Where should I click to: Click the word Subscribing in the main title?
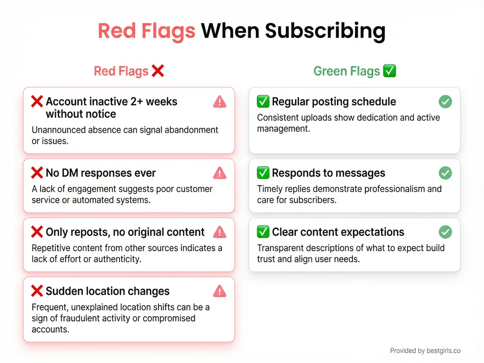[x=325, y=31]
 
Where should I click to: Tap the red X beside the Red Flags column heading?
[x=157, y=71]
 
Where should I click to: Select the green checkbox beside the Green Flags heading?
[x=389, y=71]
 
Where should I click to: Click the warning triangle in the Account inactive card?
[x=220, y=102]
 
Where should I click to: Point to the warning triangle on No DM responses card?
[x=220, y=173]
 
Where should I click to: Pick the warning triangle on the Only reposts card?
[x=220, y=232]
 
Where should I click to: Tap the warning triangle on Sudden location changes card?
[x=220, y=291]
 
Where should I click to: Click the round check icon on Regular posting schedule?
[x=445, y=102]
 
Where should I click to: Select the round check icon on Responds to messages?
[x=445, y=173]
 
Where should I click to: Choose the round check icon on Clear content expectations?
[x=445, y=232]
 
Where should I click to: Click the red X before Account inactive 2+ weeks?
[x=37, y=102]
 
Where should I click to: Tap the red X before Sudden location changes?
[x=37, y=291]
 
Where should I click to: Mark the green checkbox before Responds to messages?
[x=263, y=173]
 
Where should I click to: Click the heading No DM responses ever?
[x=101, y=173]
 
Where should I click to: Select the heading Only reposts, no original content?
[x=125, y=232]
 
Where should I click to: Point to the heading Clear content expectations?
[x=338, y=232]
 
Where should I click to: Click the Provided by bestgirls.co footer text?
[x=425, y=351]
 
